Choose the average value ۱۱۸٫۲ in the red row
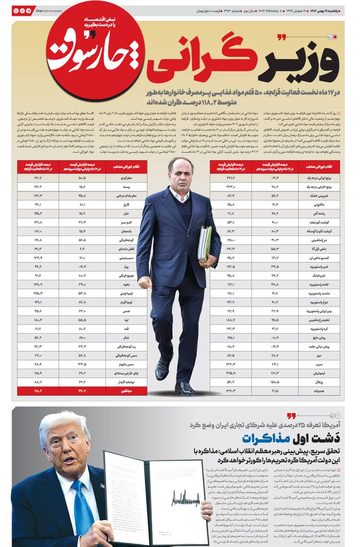click(x=38, y=390)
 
